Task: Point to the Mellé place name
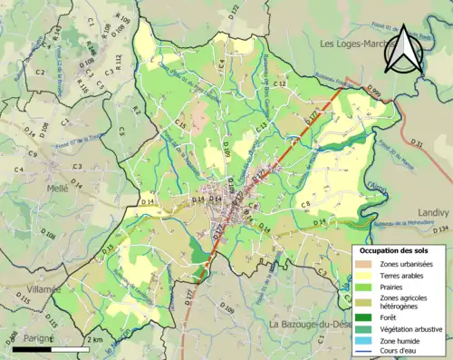[58, 188]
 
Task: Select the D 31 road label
[416, 143]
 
